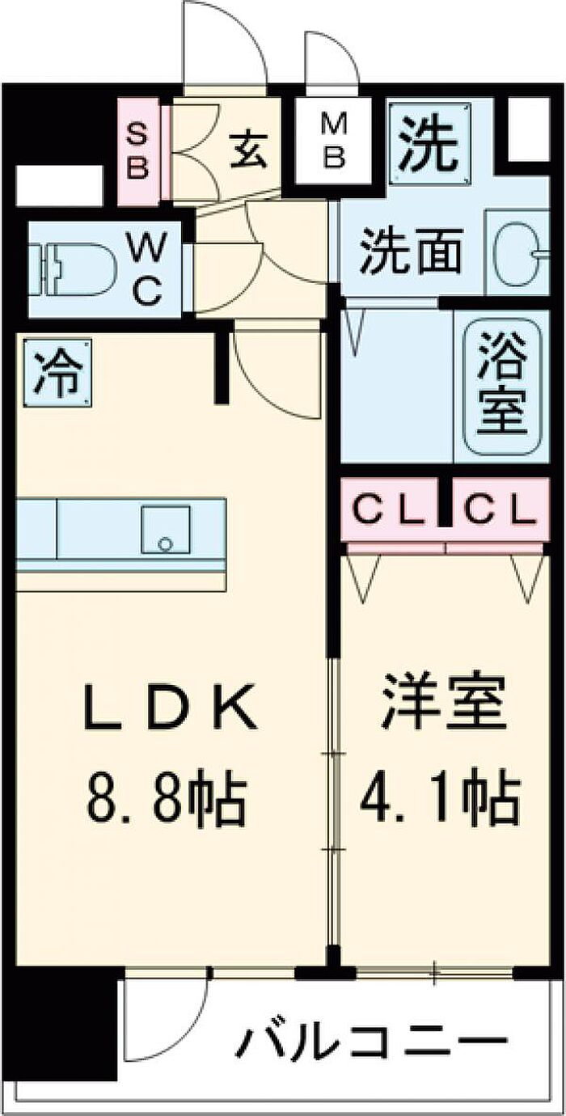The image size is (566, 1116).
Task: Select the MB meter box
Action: click(333, 142)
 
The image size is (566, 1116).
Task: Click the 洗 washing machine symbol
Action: click(430, 145)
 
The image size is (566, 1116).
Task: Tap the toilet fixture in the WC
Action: click(74, 269)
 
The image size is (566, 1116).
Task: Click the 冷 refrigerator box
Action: click(57, 373)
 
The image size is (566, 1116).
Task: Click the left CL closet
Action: click(390, 509)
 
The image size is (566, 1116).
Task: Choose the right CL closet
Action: click(501, 509)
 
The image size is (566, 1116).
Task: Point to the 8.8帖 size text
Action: click(167, 799)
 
